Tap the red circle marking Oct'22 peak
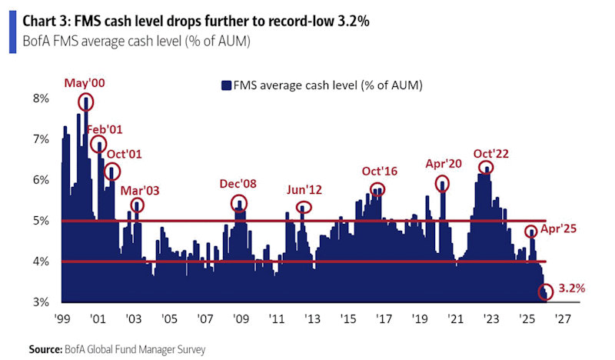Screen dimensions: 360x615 click(x=485, y=168)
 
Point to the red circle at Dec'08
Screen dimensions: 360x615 click(x=240, y=204)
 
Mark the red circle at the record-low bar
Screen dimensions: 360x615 click(x=547, y=292)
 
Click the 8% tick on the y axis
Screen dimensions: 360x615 click(x=40, y=98)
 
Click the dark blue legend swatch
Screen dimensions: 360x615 click(x=227, y=85)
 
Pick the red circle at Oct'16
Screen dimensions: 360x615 click(x=377, y=189)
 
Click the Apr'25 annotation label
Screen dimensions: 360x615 click(x=560, y=228)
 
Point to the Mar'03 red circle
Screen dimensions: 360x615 click(x=137, y=205)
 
